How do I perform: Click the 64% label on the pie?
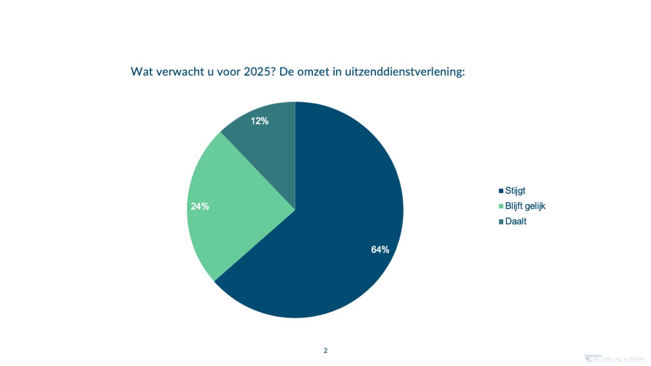380,250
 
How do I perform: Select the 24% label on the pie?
200,206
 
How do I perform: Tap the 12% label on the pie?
260,121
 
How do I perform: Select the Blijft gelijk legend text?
525,206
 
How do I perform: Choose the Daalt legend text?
515,221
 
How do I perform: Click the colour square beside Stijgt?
501,191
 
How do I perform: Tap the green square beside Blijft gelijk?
501,206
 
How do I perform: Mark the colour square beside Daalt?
501,222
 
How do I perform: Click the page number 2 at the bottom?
325,350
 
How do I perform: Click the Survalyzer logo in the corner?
614,359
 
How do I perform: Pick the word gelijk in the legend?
535,206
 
